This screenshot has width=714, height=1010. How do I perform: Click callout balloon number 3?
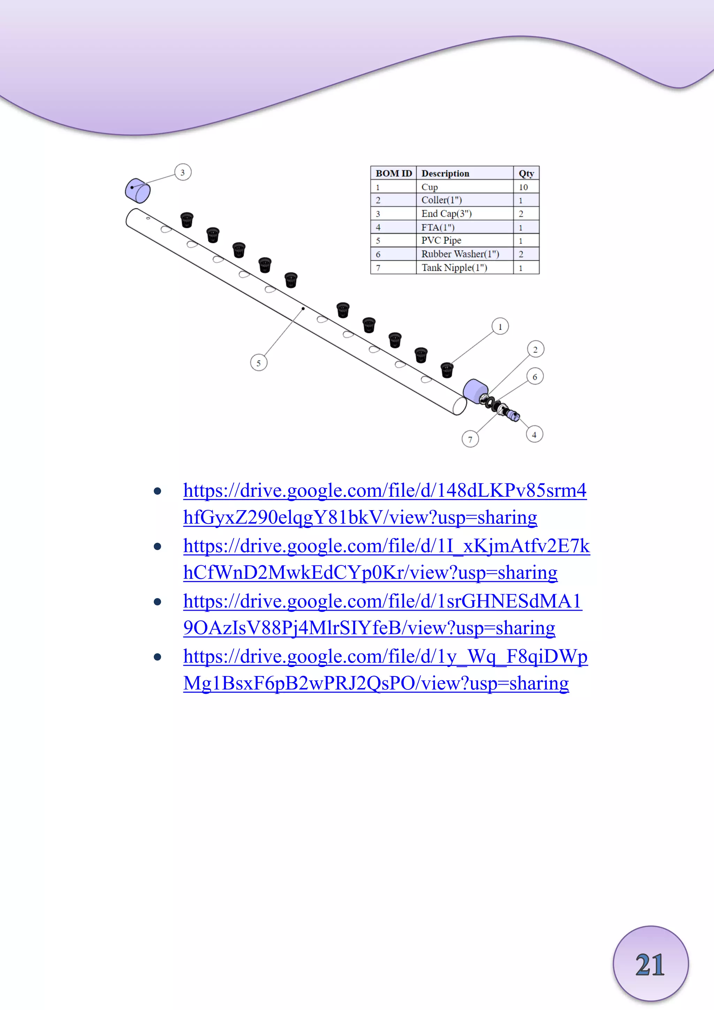183,173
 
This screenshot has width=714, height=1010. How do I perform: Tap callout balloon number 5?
259,363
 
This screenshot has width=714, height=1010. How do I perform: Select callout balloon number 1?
500,327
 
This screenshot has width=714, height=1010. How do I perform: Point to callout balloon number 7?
470,439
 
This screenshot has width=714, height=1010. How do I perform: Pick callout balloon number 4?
534,435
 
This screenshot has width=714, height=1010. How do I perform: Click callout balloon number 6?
535,376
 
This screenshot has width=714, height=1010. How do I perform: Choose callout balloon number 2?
535,350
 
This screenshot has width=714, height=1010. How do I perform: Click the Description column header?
445,173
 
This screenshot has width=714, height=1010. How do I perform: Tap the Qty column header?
526,173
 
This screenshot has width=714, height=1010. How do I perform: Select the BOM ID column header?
394,173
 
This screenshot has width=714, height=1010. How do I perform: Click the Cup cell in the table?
430,187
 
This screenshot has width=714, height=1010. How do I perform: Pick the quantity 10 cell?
523,187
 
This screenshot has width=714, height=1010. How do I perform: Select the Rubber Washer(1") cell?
460,254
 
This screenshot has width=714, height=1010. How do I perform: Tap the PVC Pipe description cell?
441,240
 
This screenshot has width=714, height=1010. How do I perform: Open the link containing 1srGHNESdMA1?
382,601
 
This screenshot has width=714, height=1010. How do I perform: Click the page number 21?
650,965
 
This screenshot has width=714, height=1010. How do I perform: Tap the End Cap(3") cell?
447,214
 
